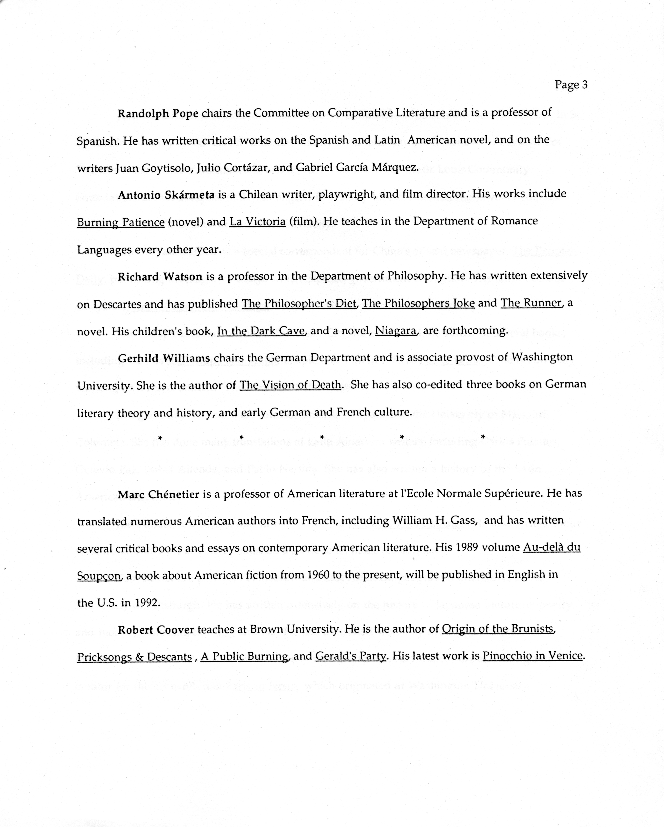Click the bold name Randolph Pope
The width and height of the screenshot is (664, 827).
[x=158, y=114]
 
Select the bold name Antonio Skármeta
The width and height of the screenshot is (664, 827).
[x=166, y=195]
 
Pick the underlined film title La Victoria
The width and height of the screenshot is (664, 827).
[x=257, y=222]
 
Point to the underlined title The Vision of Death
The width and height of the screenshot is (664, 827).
[x=290, y=385]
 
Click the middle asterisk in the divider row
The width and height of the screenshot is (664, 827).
[x=322, y=437]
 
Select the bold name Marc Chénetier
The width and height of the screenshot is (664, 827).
[x=158, y=494]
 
